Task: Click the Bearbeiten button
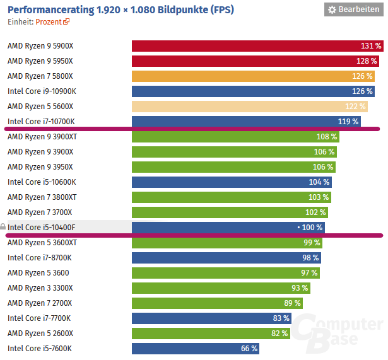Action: [x=353, y=9]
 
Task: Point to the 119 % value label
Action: [x=348, y=122]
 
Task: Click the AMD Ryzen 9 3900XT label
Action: [x=42, y=137]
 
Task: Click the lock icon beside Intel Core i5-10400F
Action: [x=3, y=227]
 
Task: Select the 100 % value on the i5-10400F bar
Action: [x=312, y=228]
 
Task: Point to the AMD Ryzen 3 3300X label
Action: [x=40, y=288]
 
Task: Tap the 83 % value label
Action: [x=281, y=318]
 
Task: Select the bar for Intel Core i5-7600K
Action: [x=195, y=349]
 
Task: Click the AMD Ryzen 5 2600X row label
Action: [x=40, y=334]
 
